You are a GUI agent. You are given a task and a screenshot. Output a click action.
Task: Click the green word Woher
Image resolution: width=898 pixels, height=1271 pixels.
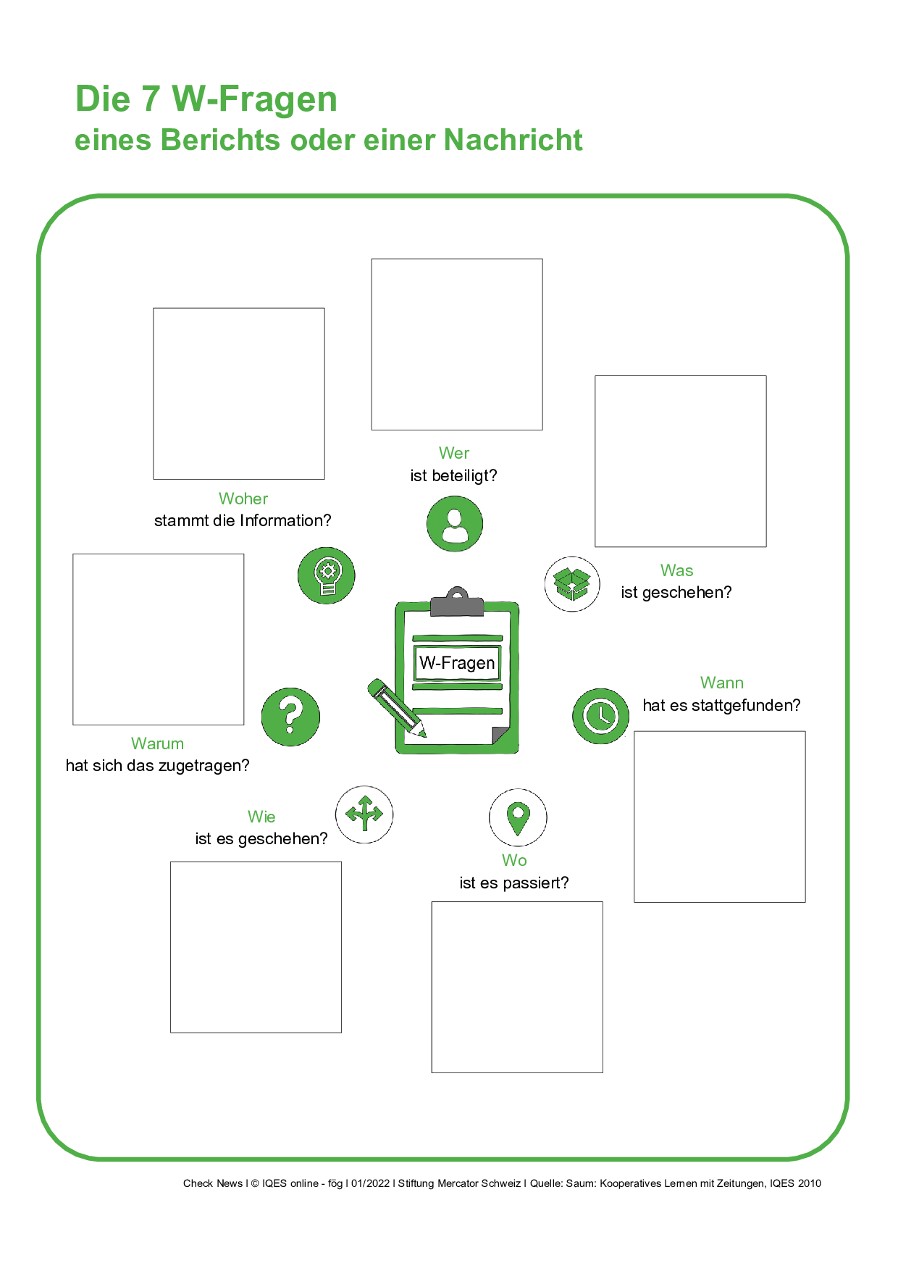(243, 499)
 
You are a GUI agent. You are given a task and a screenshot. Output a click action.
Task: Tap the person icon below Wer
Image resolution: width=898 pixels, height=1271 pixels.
(454, 524)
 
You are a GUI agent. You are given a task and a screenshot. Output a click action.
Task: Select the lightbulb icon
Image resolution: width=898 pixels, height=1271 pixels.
(327, 575)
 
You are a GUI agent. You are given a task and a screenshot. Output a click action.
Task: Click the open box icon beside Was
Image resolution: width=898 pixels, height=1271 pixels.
(572, 583)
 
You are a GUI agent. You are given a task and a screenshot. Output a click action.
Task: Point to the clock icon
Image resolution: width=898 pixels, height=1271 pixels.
(600, 716)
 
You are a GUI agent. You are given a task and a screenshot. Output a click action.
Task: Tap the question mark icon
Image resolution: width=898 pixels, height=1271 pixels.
(290, 717)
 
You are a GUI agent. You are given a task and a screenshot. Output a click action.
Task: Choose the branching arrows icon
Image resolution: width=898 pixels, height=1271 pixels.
(364, 814)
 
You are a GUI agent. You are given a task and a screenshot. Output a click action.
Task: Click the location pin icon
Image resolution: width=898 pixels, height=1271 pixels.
(518, 817)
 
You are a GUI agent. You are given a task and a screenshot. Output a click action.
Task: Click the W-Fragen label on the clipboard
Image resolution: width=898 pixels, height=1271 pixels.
(457, 663)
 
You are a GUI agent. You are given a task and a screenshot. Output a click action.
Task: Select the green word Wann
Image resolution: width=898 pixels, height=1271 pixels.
(721, 683)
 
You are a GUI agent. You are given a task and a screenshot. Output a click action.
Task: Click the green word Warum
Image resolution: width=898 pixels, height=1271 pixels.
(157, 743)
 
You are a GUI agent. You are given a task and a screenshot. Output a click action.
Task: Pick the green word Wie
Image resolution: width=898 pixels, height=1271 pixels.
(261, 817)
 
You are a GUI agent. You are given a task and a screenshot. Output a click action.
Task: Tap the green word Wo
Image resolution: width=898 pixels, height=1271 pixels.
(514, 860)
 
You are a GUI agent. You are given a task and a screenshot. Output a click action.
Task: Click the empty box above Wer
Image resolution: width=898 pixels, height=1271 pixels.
(457, 344)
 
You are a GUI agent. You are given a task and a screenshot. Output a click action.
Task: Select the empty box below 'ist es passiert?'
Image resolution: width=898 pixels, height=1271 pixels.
(517, 987)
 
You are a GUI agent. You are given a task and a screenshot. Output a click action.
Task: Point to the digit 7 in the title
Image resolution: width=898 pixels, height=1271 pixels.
(151, 99)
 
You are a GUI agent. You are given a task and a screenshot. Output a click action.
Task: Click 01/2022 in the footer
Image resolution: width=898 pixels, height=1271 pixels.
(370, 1183)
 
